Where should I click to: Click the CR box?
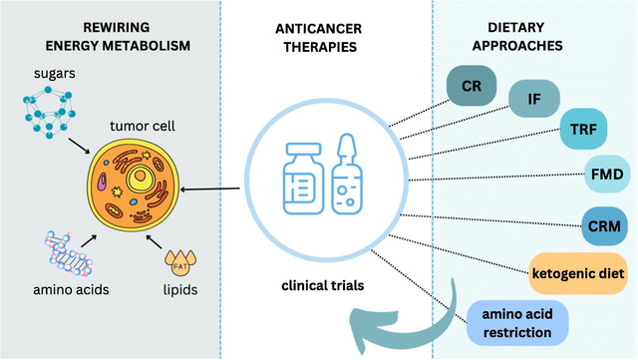point(472,86)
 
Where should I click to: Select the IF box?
point(534,99)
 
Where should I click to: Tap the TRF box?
point(583,129)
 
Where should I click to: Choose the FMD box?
point(607,175)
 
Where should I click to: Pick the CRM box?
point(604,226)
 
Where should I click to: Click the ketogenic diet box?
point(578,273)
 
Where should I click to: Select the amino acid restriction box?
point(517,323)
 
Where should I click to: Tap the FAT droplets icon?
point(180,263)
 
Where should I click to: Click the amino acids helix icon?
point(69,253)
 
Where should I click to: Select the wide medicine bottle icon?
point(303,179)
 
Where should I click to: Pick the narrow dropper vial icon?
point(347,175)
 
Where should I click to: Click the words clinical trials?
point(323,285)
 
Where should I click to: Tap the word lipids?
point(180,290)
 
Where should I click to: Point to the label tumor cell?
point(143,126)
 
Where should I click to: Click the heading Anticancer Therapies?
point(320,38)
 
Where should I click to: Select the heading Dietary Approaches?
point(516,36)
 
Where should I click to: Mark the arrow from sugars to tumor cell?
point(79,146)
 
